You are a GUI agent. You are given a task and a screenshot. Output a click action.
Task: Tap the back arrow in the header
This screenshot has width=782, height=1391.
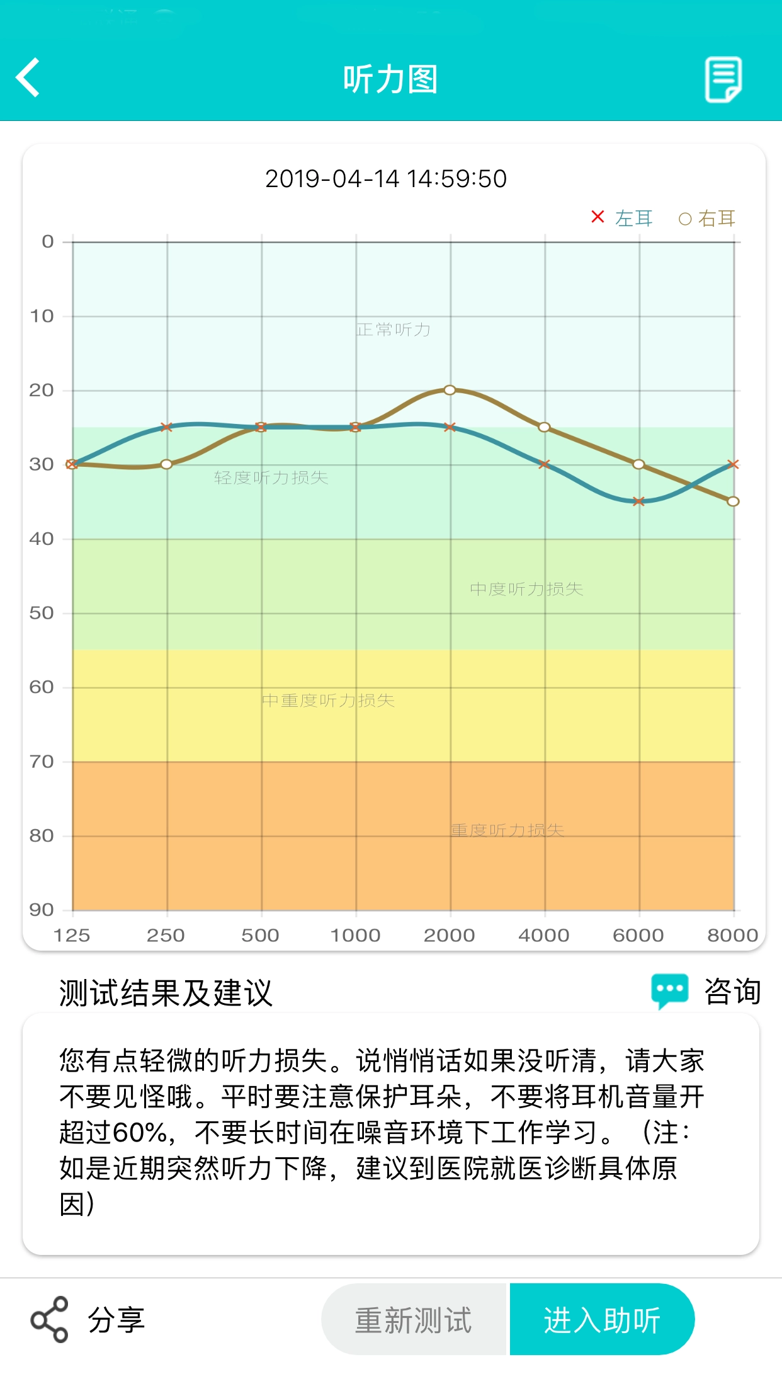(x=28, y=77)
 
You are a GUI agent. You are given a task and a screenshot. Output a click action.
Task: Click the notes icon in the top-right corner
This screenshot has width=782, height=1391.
(x=723, y=79)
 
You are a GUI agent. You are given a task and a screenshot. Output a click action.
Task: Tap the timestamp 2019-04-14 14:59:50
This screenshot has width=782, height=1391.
(x=385, y=179)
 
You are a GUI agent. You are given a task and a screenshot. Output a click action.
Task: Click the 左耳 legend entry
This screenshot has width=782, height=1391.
(x=623, y=218)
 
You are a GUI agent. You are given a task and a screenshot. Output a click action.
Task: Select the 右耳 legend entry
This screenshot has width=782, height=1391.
(x=707, y=219)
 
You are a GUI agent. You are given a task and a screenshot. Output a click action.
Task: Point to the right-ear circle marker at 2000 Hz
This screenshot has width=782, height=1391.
(x=450, y=390)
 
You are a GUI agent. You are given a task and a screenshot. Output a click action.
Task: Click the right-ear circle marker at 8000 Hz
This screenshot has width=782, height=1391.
(x=733, y=501)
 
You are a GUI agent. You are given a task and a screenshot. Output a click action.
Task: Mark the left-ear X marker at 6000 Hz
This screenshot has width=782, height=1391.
(x=638, y=501)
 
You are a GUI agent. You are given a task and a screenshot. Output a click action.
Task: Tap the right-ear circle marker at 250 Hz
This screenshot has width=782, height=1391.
(x=166, y=464)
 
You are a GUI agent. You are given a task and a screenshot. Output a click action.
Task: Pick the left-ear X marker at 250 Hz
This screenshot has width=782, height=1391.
(x=166, y=427)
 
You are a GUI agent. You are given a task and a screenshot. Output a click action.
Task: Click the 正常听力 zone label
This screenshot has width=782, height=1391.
(x=394, y=329)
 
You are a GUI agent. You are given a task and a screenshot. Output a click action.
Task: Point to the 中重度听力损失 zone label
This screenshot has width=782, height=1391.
(x=328, y=701)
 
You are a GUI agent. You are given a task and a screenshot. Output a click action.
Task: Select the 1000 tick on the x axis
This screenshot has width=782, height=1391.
(x=355, y=936)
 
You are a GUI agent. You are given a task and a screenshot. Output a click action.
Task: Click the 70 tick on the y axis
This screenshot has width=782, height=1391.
(x=42, y=762)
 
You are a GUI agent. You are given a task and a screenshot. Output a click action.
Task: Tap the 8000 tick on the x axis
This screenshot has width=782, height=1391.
(x=732, y=936)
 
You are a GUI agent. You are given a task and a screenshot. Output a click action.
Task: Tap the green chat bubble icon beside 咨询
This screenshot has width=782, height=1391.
(x=669, y=990)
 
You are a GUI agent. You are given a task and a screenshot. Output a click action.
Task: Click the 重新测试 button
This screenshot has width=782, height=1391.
(x=414, y=1320)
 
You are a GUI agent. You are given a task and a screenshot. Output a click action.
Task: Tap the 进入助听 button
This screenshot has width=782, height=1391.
(x=602, y=1320)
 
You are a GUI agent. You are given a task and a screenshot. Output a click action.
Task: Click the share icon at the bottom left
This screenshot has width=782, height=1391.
(x=49, y=1320)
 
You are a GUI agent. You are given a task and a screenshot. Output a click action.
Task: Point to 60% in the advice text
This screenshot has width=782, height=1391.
(x=139, y=1133)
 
